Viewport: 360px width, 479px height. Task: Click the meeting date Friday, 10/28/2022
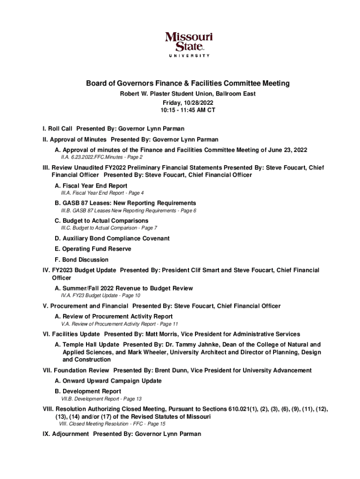pos(187,102)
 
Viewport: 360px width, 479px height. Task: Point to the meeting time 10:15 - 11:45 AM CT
pos(187,110)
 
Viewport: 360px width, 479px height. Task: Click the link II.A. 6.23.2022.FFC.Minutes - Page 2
pos(101,157)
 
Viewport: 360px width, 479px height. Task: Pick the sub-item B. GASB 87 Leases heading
pos(125,203)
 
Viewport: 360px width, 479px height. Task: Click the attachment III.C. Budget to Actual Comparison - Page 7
pos(109,228)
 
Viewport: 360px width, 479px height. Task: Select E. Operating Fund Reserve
pos(93,249)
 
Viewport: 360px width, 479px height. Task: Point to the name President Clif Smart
pos(202,270)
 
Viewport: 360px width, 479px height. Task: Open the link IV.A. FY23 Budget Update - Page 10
pos(101,296)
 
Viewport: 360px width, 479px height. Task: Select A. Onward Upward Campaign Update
pos(108,381)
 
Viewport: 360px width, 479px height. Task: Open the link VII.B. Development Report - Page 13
pos(101,399)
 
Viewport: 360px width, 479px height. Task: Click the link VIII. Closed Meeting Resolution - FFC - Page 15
pos(112,424)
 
